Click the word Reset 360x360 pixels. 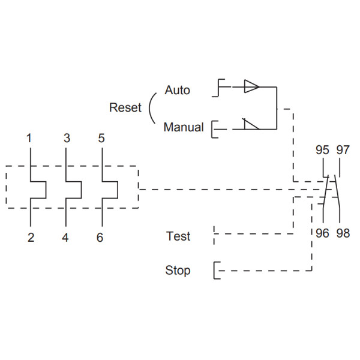click(x=125, y=108)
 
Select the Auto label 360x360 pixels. click(x=177, y=91)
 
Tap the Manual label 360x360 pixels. click(x=184, y=127)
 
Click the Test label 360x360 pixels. click(x=178, y=236)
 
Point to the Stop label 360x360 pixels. click(x=178, y=271)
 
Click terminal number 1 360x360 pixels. click(x=29, y=139)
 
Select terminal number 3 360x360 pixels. click(x=67, y=139)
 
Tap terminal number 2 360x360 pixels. click(x=30, y=238)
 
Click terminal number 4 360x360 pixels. click(x=65, y=238)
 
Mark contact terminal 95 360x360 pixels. click(x=322, y=150)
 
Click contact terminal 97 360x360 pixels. click(x=343, y=150)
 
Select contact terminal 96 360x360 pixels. click(x=322, y=233)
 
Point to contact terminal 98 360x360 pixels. click(x=343, y=233)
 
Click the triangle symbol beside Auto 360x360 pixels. click(x=251, y=88)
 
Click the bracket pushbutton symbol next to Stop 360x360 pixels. click(x=215, y=271)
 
